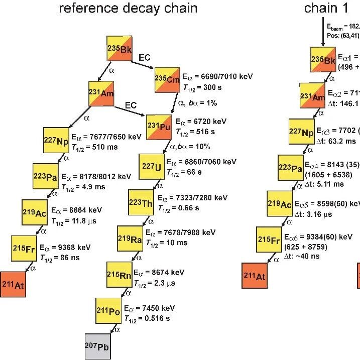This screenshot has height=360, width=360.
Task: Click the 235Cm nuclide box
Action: tap(168, 80)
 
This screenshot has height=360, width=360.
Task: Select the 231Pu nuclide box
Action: tap(160, 127)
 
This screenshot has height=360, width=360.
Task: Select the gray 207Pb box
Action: tap(98, 346)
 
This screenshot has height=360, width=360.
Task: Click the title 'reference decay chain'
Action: tap(128, 9)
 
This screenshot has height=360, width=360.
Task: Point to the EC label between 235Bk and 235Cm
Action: tap(145, 58)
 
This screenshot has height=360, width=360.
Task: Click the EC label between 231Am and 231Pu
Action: tap(131, 105)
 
